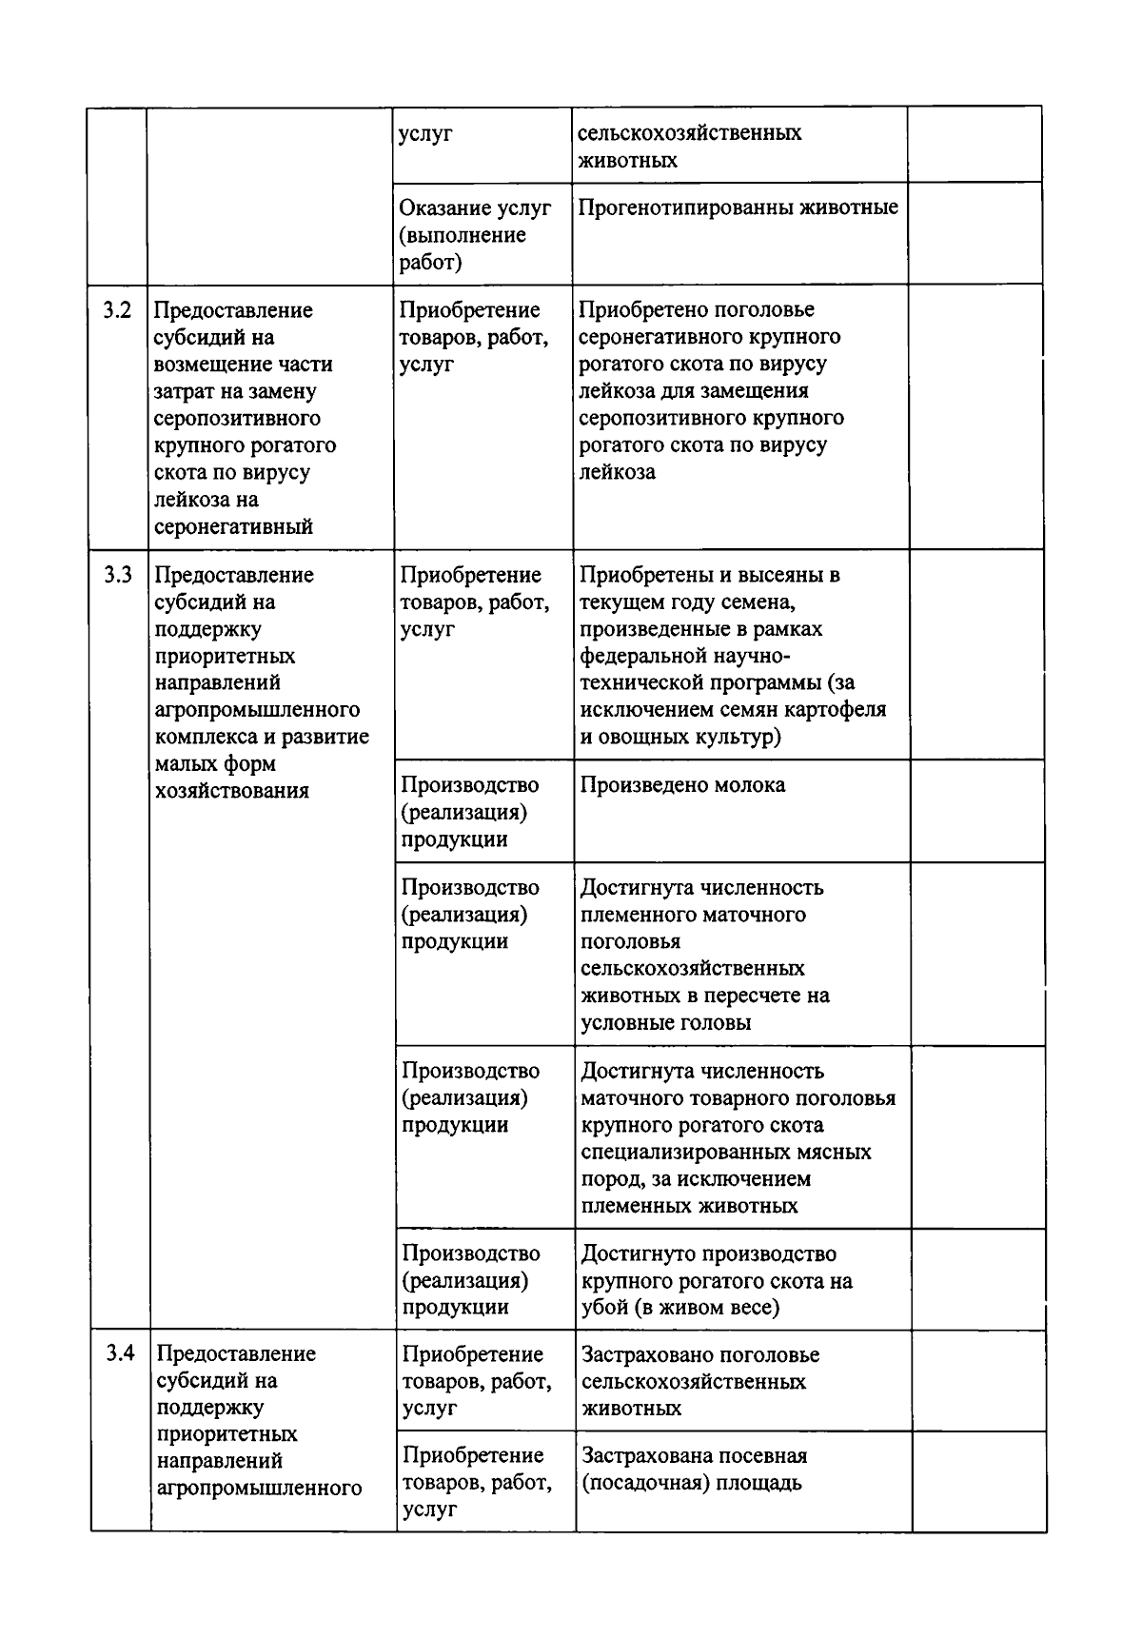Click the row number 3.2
click(117, 311)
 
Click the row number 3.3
click(117, 576)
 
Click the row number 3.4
click(120, 1353)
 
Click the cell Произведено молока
click(682, 786)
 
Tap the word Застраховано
click(647, 1354)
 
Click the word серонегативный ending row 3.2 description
click(233, 527)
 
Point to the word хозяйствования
click(231, 791)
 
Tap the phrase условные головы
click(665, 1023)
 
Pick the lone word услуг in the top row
click(425, 133)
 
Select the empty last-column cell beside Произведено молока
click(975, 811)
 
